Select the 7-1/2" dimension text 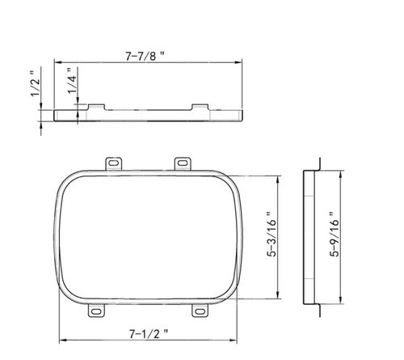coord(147,332)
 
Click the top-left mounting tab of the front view coord(114,163)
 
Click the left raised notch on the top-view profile coord(95,107)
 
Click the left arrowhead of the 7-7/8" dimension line coord(57,61)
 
